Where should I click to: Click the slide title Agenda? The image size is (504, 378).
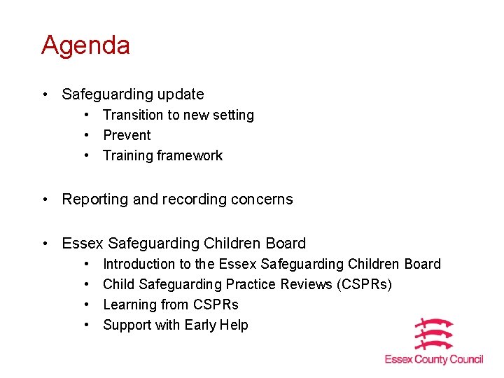click(85, 46)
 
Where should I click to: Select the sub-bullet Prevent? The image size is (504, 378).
click(127, 135)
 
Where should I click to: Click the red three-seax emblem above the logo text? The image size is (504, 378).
click(434, 334)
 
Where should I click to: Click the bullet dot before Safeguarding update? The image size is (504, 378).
click(45, 94)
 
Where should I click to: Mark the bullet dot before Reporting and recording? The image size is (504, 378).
click(45, 199)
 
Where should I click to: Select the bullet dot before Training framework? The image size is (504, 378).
click(86, 155)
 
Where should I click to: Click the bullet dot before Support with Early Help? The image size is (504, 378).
click(86, 325)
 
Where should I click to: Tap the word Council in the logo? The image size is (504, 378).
click(466, 359)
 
